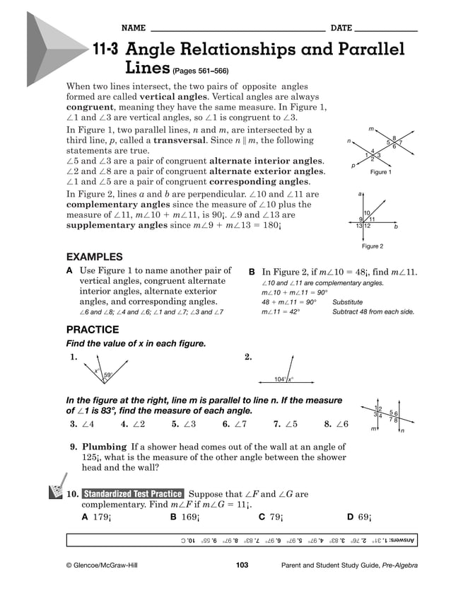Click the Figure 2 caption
[x=372, y=246]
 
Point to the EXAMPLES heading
[x=94, y=257]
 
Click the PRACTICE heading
[x=92, y=330]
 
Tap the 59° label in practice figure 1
[x=108, y=375]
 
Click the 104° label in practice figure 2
[x=280, y=379]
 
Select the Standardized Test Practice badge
[x=133, y=493]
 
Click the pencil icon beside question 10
[x=54, y=491]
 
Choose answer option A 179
[x=96, y=517]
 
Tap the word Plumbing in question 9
[x=104, y=447]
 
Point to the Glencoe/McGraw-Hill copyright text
[x=103, y=566]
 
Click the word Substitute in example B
[x=347, y=302]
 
